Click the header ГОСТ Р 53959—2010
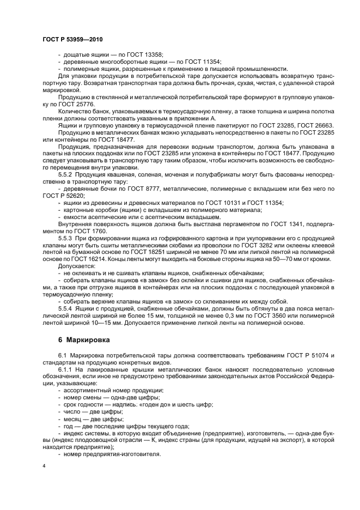[72, 40]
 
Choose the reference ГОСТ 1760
[91, 231]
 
